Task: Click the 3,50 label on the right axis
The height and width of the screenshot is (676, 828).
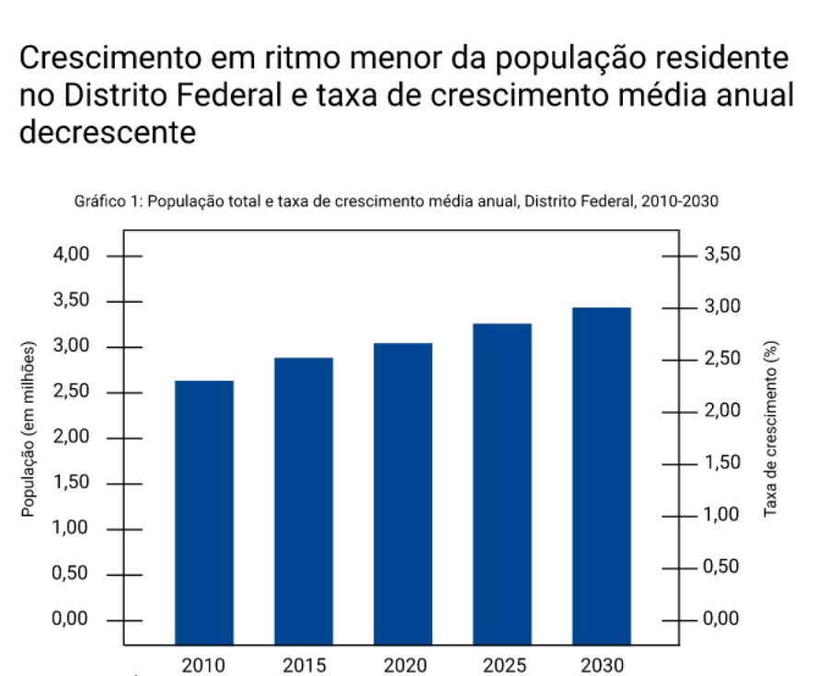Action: pyautogui.click(x=722, y=255)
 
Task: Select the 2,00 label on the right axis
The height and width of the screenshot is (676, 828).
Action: pyautogui.click(x=722, y=410)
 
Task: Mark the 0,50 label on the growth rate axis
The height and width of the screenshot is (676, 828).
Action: pyautogui.click(x=722, y=567)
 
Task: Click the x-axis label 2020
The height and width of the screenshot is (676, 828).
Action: pyautogui.click(x=402, y=664)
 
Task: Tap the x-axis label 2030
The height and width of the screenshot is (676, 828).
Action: pyautogui.click(x=601, y=664)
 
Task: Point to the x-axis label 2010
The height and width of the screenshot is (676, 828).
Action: pyautogui.click(x=203, y=664)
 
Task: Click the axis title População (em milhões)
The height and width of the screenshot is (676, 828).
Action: pyautogui.click(x=30, y=430)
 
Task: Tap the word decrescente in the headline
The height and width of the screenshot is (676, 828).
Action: pyautogui.click(x=108, y=132)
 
